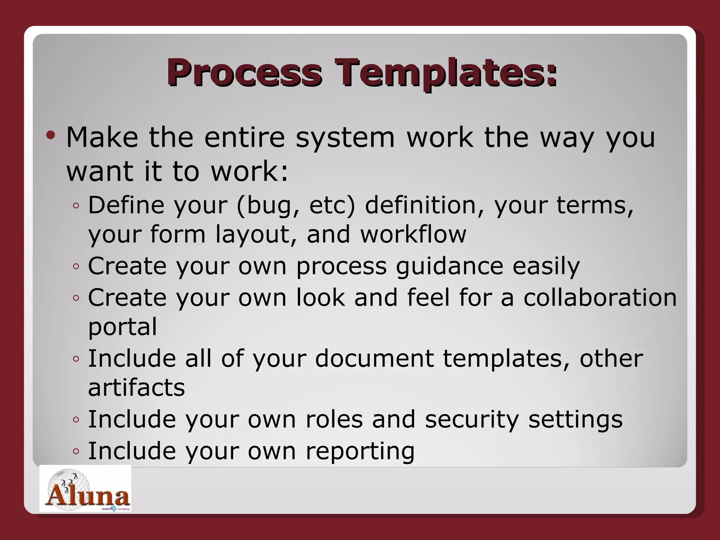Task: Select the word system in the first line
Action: coord(345,137)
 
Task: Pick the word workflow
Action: coord(413,234)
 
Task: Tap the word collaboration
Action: coord(600,298)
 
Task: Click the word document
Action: coord(374,359)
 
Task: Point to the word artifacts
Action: coord(136,387)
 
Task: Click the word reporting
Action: coord(360,451)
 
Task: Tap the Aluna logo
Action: coord(85,489)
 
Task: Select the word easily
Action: coord(546,266)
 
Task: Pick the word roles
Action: coord(334,419)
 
